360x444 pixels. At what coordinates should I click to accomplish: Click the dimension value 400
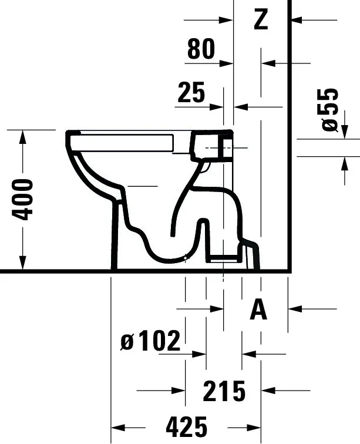pos(22,199)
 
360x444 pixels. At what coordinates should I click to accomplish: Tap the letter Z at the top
pos(261,19)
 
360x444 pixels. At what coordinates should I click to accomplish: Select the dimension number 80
pos(201,49)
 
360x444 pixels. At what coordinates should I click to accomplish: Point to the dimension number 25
pos(191,92)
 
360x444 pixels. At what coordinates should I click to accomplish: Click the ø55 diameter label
pos(330,110)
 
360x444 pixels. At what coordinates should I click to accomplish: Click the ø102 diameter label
pos(151,340)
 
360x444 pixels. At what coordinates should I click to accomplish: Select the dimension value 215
pos(224,391)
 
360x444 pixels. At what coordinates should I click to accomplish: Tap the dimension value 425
pos(186,427)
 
